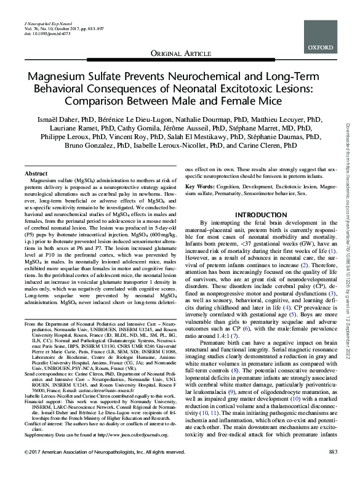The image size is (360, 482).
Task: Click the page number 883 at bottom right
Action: (334, 470)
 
